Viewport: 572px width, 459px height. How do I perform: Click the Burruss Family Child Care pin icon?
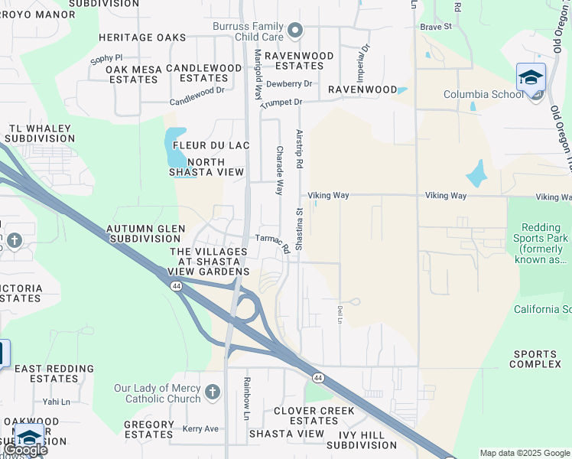(x=296, y=31)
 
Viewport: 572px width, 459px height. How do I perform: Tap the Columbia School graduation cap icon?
(x=531, y=77)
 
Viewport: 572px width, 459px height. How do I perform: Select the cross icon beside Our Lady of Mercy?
(x=213, y=393)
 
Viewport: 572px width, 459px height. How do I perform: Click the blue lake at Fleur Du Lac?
(x=175, y=147)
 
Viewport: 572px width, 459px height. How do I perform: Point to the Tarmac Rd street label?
(x=273, y=243)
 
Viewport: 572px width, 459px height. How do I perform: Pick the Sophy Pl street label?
(x=106, y=57)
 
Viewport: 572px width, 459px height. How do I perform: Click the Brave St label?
(x=437, y=27)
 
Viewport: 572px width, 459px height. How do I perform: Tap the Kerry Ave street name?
(x=200, y=429)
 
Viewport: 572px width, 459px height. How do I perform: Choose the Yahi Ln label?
(x=56, y=402)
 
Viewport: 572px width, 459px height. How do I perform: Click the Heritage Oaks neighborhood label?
(x=143, y=37)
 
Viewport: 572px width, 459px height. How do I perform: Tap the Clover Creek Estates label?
(x=314, y=415)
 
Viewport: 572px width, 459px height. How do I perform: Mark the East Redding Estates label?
(x=54, y=373)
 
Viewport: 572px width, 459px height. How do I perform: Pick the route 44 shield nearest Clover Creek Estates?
(x=317, y=378)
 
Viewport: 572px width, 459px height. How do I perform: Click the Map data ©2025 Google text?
(x=524, y=453)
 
